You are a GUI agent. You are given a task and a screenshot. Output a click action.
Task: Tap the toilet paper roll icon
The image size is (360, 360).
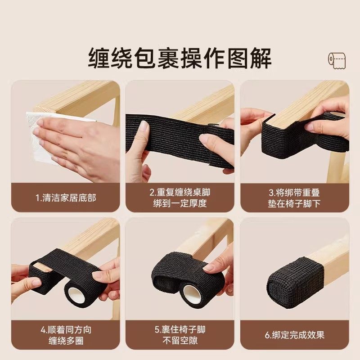pos(337,60)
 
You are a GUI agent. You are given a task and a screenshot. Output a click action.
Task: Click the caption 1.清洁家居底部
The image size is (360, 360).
pos(66,197)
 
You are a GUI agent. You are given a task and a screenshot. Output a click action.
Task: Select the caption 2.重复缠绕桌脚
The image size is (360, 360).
pos(180,192)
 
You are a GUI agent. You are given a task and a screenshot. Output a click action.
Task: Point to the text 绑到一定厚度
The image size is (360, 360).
pos(180,203)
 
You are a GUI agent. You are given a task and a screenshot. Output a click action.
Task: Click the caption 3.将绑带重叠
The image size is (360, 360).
pos(294,192)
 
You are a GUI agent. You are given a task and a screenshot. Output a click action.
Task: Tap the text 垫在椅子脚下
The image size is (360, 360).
pos(294,203)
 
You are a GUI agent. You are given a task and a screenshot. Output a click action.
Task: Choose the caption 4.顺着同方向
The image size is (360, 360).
pos(66,330)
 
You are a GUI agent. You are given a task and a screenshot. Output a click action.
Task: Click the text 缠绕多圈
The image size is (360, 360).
pos(66,341)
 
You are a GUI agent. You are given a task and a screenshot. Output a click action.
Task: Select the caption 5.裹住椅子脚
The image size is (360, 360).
pos(180,330)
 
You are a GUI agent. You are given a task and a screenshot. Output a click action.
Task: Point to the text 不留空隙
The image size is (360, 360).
pos(180,341)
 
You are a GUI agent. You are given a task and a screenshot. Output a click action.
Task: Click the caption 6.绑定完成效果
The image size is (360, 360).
pos(294,335)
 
